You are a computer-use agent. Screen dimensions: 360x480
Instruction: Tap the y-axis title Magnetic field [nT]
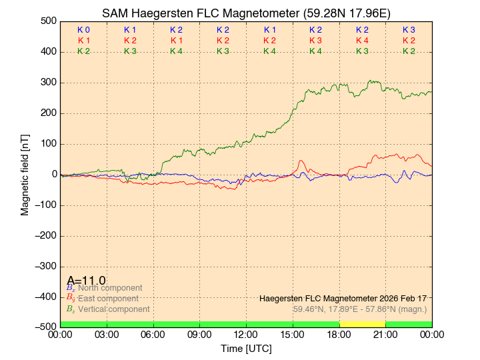25,173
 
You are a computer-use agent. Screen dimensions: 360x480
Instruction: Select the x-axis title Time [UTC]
246,349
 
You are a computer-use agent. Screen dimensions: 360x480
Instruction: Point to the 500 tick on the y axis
47,21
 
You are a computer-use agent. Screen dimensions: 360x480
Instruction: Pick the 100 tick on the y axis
47,144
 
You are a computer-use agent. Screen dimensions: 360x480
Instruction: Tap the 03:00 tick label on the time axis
107,334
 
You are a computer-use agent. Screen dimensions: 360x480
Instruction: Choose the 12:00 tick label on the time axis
246,334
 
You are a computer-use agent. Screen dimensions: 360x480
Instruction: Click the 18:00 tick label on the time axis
339,334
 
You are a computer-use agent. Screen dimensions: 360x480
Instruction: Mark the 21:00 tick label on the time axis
385,334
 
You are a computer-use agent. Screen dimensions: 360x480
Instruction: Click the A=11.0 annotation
86,281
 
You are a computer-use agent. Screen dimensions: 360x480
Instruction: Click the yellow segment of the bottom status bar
362,324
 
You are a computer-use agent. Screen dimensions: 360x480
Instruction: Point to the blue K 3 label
409,30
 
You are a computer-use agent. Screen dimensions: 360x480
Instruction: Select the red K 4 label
362,41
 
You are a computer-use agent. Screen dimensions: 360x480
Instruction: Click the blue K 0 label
83,30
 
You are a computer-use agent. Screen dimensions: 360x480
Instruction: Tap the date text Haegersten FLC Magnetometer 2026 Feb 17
343,298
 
